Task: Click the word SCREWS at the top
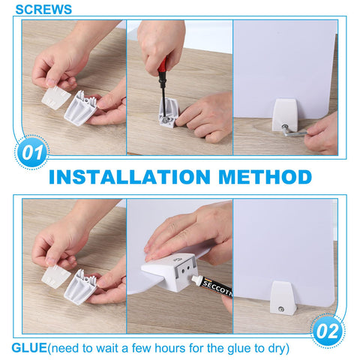43,10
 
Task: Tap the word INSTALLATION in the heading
130,177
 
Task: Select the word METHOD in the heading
265,177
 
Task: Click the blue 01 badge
31,152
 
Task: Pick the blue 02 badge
328,331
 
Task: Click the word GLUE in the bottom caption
29,348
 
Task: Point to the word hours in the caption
170,348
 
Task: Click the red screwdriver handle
163,68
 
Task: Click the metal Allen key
294,130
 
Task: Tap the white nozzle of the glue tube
197,280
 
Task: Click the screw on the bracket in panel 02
281,310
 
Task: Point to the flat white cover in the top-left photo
55,97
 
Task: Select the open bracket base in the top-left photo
80,108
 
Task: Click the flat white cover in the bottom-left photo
55,277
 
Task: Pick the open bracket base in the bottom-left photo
80,286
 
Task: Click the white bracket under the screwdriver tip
169,113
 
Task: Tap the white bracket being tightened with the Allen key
284,115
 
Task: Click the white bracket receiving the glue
172,272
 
